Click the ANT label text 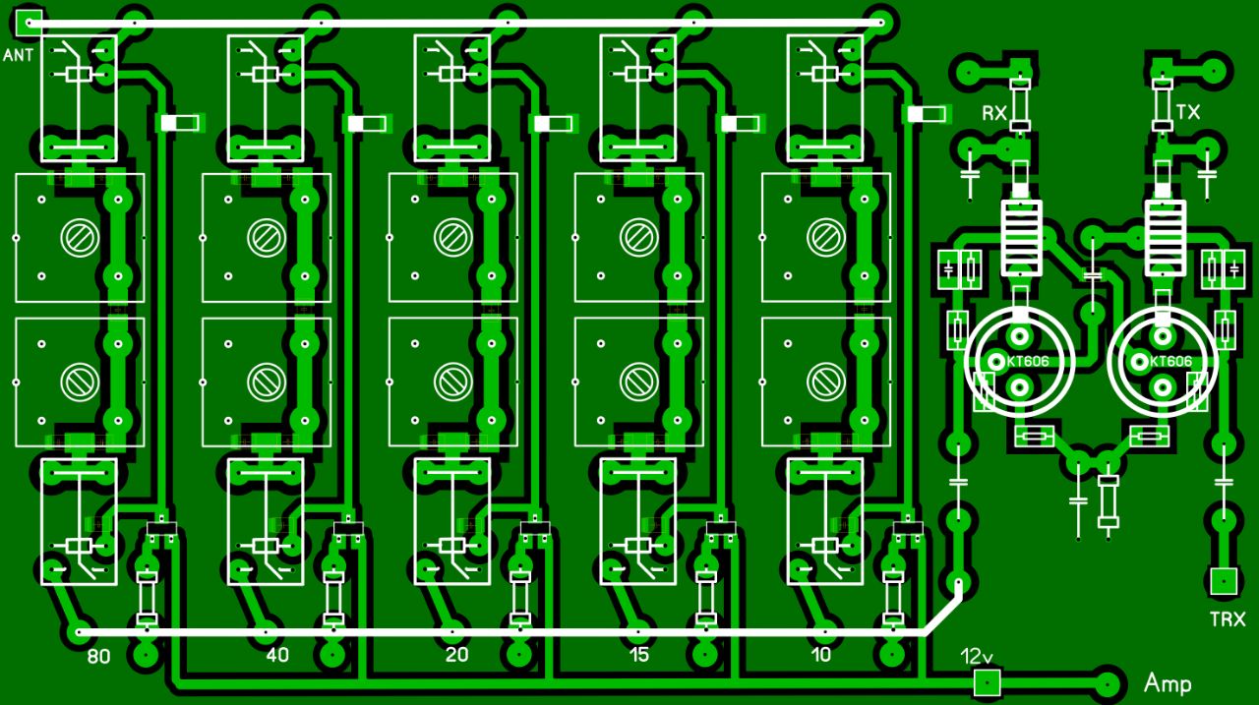18,55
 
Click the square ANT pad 28,23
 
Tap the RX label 993,113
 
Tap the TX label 1187,112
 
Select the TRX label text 1228,619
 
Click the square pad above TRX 1224,581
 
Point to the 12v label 977,656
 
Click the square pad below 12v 988,682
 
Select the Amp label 1168,683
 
